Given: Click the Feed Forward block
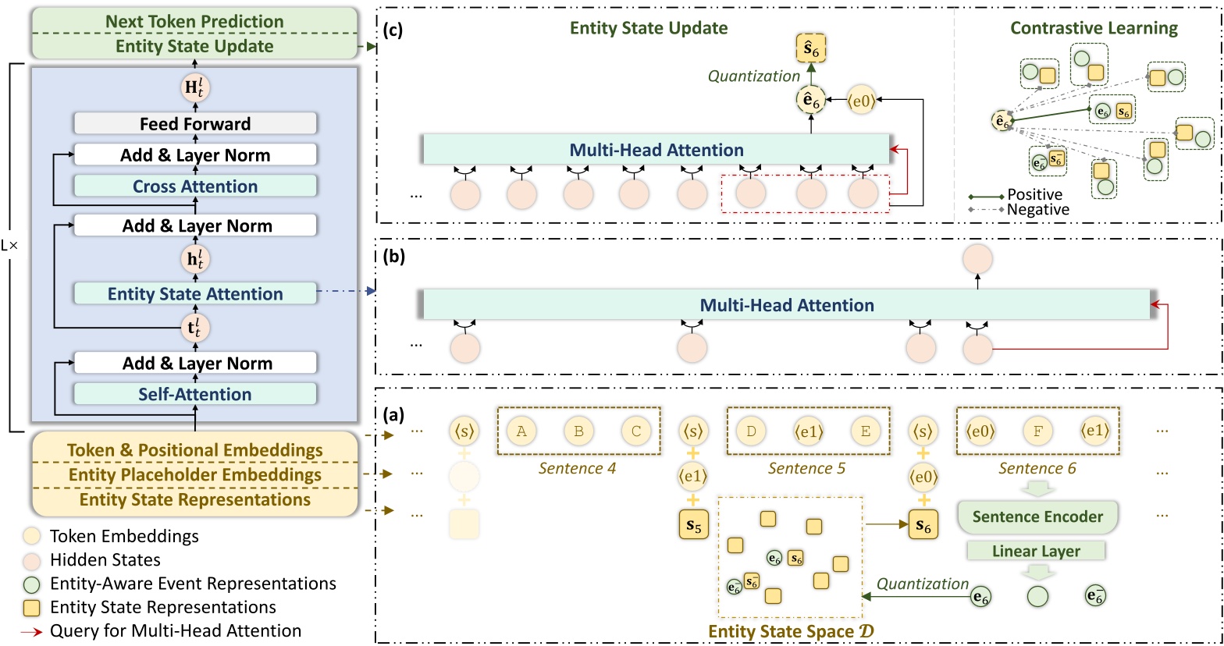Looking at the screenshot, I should tap(195, 123).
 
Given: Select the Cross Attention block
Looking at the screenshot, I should tap(195, 186).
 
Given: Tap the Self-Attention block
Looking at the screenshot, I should tap(195, 394).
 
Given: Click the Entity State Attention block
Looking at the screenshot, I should tap(195, 293).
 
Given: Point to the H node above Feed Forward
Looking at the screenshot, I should tap(195, 87).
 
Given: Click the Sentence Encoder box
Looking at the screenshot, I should tap(1037, 516).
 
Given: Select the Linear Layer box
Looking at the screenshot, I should tap(1036, 551).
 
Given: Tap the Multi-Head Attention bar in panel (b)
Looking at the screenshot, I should tap(786, 305).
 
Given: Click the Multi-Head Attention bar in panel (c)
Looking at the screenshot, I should tap(656, 150).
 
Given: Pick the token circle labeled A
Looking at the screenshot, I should tap(521, 431).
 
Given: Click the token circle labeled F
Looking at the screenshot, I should tap(1037, 431).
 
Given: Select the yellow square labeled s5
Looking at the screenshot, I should tap(694, 526).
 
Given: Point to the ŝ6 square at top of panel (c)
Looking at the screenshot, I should tap(811, 50).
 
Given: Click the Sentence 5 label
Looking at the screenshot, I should tap(806, 468).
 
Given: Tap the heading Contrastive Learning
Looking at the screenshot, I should tap(1094, 28).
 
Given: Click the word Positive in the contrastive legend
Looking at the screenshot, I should tap(1034, 194).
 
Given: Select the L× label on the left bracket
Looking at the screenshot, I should tap(9, 245).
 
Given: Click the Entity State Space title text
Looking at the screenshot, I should tap(791, 632).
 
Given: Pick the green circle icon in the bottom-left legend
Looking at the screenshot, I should tap(31, 584).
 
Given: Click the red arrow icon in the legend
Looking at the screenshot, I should tap(31, 631).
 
